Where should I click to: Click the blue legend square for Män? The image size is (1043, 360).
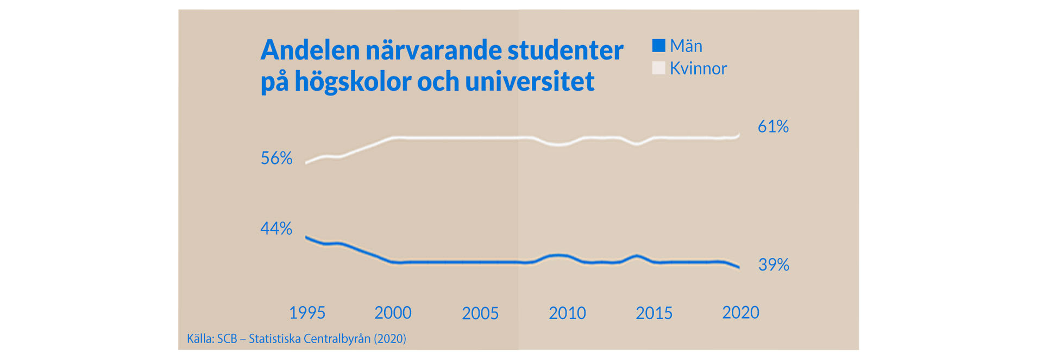coord(658,46)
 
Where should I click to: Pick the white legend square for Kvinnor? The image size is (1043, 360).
coord(658,68)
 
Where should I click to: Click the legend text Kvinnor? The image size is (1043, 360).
coord(698,68)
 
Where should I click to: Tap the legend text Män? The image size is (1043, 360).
coord(686,46)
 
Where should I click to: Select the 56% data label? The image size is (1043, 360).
coord(277,158)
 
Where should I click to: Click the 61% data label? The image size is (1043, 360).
coord(773,127)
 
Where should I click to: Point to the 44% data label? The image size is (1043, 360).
coord(277,228)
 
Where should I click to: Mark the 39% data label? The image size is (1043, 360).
coord(774,264)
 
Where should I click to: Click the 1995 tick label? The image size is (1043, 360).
coord(307,313)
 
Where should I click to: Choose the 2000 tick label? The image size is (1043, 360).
coord(393,313)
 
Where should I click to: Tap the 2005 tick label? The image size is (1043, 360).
coord(480,313)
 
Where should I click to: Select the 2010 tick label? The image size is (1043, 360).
coord(567,313)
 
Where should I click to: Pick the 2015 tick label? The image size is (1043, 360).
coord(654,313)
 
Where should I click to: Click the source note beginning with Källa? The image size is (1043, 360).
coord(297,339)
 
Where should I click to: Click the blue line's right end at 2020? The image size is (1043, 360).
coord(738,267)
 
